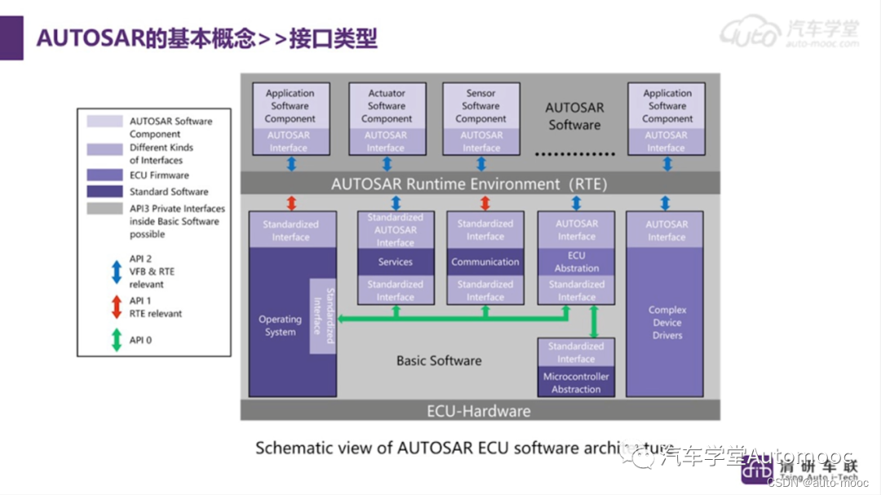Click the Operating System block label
click(280, 326)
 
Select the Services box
click(395, 262)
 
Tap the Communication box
click(485, 262)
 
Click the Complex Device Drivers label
click(667, 323)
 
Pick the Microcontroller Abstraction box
click(576, 383)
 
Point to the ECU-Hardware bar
click(479, 411)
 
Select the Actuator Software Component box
click(387, 106)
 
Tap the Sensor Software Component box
click(480, 106)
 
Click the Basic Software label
click(439, 360)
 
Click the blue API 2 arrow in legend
click(116, 271)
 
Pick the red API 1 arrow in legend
click(116, 306)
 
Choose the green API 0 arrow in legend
click(116, 340)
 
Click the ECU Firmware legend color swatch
click(105, 175)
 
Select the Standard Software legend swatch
click(105, 191)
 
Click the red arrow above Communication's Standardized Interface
click(485, 203)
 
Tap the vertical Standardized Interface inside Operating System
click(323, 315)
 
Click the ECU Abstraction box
click(576, 261)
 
